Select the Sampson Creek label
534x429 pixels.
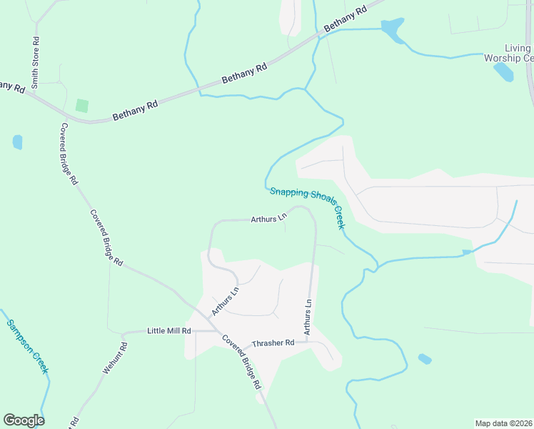point(27,346)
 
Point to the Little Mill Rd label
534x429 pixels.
point(169,331)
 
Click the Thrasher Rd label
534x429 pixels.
point(274,343)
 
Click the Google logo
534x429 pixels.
point(24,420)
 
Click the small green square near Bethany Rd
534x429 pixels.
point(82,105)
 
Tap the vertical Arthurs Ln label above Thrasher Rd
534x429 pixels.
point(308,317)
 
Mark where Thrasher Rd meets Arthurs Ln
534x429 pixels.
point(308,341)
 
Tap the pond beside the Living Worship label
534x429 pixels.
point(503,71)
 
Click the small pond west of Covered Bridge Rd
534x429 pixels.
point(17,142)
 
